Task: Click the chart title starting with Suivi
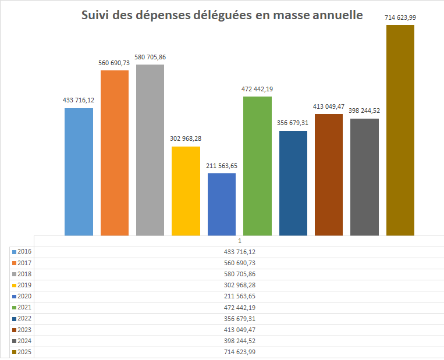point(221,15)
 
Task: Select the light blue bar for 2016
point(79,172)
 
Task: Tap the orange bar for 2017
point(115,152)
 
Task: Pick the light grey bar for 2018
point(150,149)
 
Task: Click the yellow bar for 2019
point(186,191)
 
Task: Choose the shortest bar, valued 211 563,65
point(222,204)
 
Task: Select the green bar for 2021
point(257,166)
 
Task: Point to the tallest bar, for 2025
point(400,130)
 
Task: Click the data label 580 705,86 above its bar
point(150,57)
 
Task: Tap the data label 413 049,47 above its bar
point(329,106)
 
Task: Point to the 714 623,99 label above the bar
point(400,17)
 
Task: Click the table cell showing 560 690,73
point(239,263)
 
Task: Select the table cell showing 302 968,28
point(239,285)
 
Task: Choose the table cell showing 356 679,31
point(239,319)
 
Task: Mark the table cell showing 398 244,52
point(239,341)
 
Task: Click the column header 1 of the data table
point(239,241)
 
